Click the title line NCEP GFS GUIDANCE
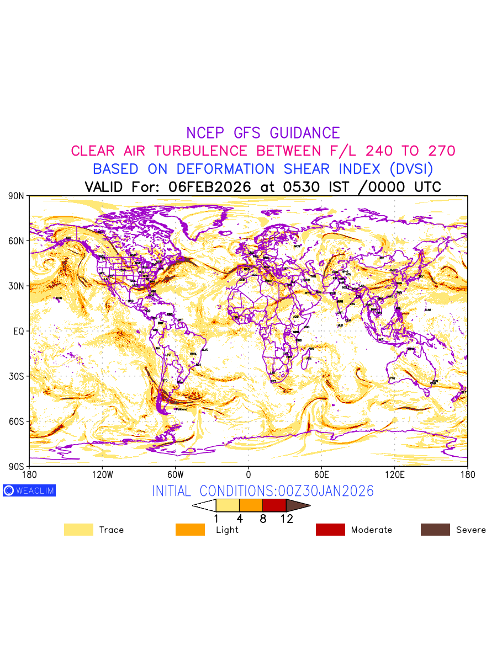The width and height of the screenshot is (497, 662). pos(263,133)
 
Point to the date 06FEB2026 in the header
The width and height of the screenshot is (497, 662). pos(210,186)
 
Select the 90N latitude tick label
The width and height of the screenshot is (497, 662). pos(16,196)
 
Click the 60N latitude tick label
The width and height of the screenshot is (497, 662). pos(16,241)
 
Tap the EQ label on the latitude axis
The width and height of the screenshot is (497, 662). pos(19,331)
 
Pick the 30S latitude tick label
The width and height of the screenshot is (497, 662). pos(16,376)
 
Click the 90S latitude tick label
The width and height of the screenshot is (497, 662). pos(16,467)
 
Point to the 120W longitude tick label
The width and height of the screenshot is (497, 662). pos(102,474)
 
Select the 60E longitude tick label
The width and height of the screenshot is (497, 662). pos(321,474)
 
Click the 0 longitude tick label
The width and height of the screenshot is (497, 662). pos(248,474)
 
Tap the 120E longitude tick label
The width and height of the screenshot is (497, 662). pos(394,474)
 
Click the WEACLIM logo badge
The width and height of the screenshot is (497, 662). pos(29,490)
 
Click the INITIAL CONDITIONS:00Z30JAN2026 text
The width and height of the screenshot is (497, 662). pos(263,491)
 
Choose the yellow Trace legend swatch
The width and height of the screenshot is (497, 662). pos(78,530)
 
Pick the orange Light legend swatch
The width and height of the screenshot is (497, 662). pos(190,530)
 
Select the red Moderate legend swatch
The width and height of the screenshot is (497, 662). pos(330,530)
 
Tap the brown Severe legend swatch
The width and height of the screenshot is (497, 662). pos(435,530)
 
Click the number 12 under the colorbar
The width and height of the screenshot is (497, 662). pos(286,519)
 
